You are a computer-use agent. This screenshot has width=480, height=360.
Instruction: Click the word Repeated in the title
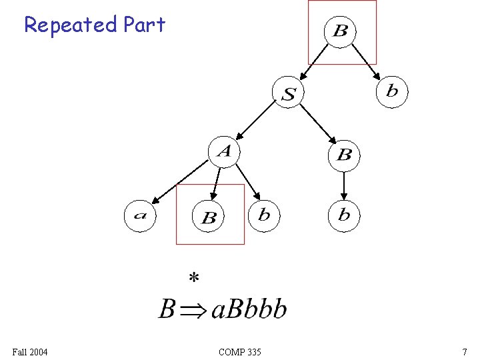point(70,25)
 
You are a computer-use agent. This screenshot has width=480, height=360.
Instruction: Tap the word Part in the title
point(143,25)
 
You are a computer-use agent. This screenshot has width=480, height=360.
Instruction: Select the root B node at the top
point(340,31)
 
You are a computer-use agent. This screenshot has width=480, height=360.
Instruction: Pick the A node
point(224,151)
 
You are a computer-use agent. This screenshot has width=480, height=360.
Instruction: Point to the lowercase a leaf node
point(140,215)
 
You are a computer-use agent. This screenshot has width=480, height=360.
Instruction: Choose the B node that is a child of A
point(209,217)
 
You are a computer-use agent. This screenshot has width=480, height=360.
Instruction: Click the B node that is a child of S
point(344,155)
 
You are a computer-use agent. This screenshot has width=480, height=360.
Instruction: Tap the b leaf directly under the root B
point(392,91)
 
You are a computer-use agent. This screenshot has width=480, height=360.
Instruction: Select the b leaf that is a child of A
point(264,215)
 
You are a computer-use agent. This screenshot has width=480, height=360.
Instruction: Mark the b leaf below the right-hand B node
point(344,215)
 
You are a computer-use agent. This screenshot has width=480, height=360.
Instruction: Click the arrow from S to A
point(257,121)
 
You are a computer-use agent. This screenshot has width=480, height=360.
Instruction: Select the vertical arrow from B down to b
point(344,185)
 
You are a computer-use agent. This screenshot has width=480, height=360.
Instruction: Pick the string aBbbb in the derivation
point(249,309)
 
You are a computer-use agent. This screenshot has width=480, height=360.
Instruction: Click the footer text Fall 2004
point(30,351)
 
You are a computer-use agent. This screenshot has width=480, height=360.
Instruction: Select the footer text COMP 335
point(240,351)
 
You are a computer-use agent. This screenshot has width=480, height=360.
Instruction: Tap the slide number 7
point(464,351)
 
